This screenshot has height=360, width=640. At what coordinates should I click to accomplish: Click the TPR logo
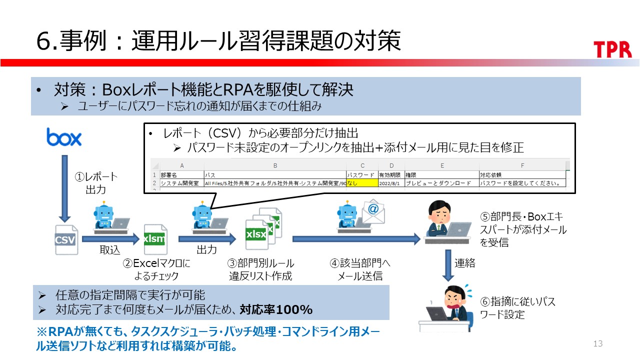(612, 49)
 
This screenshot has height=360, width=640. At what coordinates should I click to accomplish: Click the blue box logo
(64, 136)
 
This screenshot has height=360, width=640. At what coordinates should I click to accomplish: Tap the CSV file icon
(66, 239)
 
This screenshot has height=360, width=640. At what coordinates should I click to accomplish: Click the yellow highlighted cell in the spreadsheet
(362, 183)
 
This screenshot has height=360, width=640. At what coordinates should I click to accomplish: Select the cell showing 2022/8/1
(391, 183)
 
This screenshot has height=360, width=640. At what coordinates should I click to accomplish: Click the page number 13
(597, 343)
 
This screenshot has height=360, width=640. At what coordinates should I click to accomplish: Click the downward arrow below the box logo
(64, 187)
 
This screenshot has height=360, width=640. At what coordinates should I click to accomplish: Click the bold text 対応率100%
(275, 310)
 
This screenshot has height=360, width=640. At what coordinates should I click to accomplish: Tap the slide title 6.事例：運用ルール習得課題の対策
(218, 41)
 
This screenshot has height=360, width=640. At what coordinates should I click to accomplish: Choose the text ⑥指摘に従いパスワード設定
(517, 308)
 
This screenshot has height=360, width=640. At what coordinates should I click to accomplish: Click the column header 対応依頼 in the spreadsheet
(492, 175)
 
